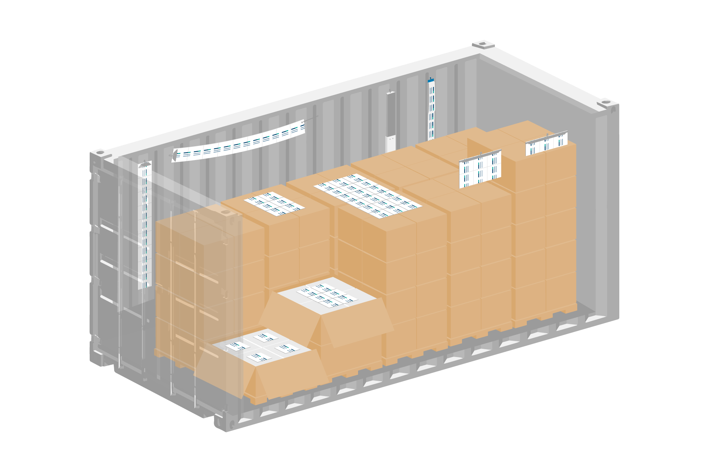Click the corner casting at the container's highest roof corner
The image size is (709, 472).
[x=483, y=44]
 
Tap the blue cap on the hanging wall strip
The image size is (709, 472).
[x=431, y=81]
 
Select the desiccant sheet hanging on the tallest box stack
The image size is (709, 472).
[x=546, y=143]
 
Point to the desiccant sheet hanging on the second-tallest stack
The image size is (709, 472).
[x=480, y=169]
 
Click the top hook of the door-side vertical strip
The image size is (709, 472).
[x=145, y=164]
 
